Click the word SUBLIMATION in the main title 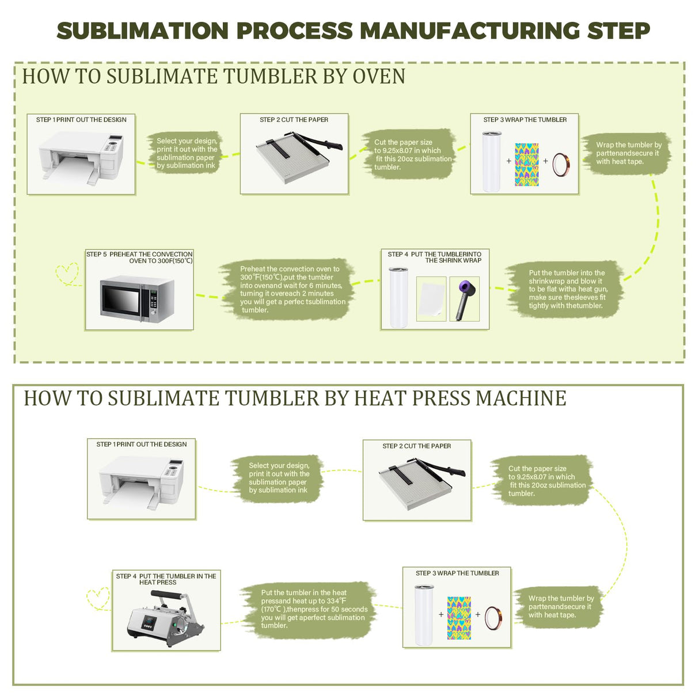[x=142, y=31]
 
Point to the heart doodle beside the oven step [x=67, y=274]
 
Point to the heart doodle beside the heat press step [x=98, y=598]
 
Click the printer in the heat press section [x=142, y=482]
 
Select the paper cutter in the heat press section [x=417, y=483]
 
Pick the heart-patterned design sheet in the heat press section [x=459, y=617]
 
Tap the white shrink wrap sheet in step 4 [x=431, y=299]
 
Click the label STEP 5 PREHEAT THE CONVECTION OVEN [x=140, y=257]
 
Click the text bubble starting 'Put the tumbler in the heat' [x=314, y=609]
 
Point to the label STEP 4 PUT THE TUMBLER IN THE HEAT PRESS [x=166, y=579]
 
